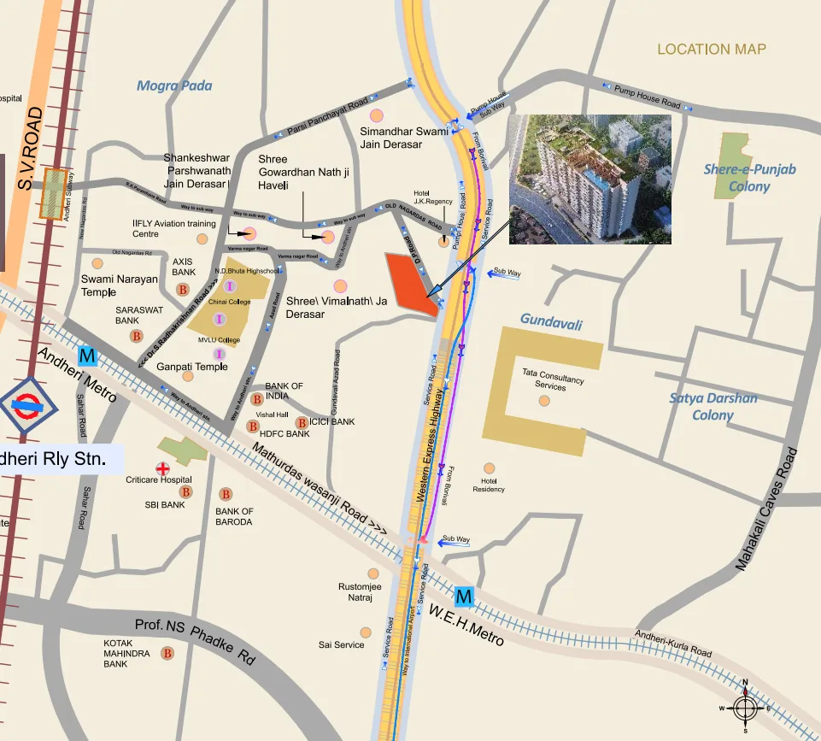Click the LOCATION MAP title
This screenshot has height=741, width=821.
(x=712, y=50)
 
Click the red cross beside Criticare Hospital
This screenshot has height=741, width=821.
(x=161, y=468)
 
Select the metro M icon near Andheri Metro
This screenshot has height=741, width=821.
(x=86, y=355)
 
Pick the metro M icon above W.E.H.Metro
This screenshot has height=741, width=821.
(x=464, y=596)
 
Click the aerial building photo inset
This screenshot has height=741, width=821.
(x=590, y=179)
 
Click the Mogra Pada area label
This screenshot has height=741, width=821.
(x=174, y=85)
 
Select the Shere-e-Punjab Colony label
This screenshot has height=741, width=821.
(x=749, y=178)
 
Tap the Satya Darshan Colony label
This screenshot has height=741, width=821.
(x=713, y=406)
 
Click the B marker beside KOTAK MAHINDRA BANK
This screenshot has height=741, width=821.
(x=167, y=653)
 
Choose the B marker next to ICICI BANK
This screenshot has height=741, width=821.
(x=301, y=422)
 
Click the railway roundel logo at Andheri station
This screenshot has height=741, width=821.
(x=29, y=404)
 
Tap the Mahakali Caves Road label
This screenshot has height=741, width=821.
(x=768, y=509)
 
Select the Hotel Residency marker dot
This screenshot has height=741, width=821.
(x=489, y=468)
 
